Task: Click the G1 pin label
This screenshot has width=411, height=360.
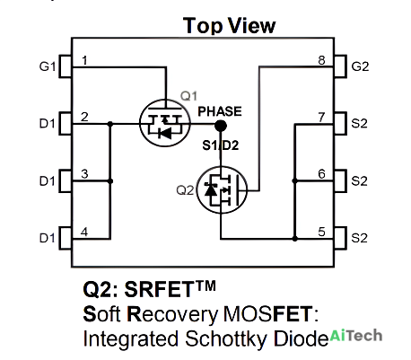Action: pyautogui.click(x=48, y=66)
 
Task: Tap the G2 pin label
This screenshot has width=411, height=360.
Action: pyautogui.click(x=360, y=66)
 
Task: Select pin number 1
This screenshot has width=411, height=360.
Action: pyautogui.click(x=85, y=60)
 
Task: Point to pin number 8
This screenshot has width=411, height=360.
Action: pyautogui.click(x=321, y=60)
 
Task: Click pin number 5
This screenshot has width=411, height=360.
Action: pyautogui.click(x=321, y=232)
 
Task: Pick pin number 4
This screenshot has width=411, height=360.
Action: pyautogui.click(x=84, y=232)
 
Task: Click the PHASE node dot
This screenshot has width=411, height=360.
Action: pyautogui.click(x=221, y=126)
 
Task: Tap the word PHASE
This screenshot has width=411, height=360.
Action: pyautogui.click(x=220, y=111)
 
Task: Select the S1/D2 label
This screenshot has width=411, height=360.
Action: pyautogui.click(x=221, y=145)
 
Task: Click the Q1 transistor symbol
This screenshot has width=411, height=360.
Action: pyautogui.click(x=165, y=123)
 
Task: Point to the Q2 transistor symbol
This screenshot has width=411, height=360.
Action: pyautogui.click(x=222, y=189)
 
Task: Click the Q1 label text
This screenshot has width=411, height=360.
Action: pyautogui.click(x=188, y=96)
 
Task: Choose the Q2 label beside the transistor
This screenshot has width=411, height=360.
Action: pyautogui.click(x=185, y=190)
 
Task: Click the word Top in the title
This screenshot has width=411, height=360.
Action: pyautogui.click(x=203, y=26)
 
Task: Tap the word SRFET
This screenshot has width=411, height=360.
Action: pyautogui.click(x=160, y=289)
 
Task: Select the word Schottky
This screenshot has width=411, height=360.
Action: pyautogui.click(x=226, y=339)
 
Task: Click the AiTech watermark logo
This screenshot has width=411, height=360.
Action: pyautogui.click(x=356, y=336)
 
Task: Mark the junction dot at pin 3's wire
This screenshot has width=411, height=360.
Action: pyautogui.click(x=110, y=181)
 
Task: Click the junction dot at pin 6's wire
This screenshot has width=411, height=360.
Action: pyautogui.click(x=294, y=180)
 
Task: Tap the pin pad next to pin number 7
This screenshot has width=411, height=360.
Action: pyautogui.click(x=340, y=123)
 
